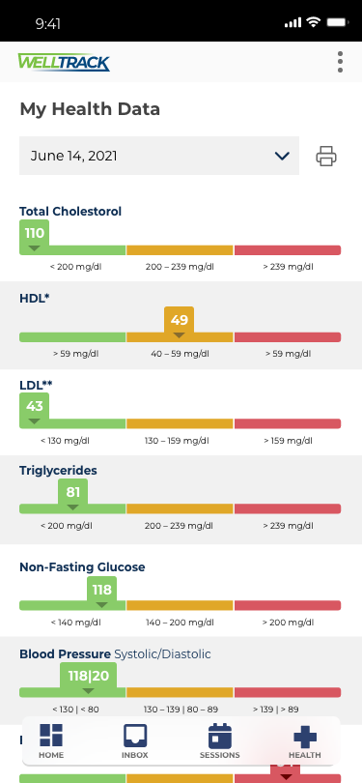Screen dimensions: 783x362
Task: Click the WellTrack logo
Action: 64,63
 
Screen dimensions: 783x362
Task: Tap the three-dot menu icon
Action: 340,63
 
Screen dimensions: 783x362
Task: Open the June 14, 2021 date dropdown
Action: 159,156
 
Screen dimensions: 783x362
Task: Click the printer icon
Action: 326,156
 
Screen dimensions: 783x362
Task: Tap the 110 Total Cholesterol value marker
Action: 35,234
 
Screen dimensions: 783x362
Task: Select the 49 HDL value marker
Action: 180,321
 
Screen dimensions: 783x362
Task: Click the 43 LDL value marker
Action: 35,407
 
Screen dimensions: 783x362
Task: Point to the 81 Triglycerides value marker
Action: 73,493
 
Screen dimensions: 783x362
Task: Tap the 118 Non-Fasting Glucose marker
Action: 102,590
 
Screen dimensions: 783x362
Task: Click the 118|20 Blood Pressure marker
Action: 89,675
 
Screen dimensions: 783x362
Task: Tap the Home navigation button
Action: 51,740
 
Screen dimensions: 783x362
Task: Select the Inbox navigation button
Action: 135,740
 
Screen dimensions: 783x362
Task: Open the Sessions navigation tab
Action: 220,740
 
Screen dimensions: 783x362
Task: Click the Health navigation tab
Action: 304,740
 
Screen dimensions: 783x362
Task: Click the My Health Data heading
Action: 90,109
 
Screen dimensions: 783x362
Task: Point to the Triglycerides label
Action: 58,471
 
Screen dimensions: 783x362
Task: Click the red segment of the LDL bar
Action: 288,423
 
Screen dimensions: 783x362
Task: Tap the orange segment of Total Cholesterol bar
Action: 180,250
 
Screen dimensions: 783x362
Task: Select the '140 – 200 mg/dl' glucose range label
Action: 180,622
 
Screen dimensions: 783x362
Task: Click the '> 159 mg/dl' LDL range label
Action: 288,440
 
